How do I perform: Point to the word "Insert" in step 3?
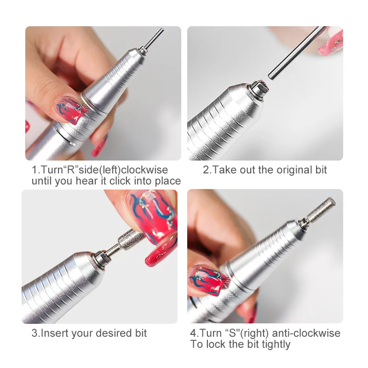tap(54, 333)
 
